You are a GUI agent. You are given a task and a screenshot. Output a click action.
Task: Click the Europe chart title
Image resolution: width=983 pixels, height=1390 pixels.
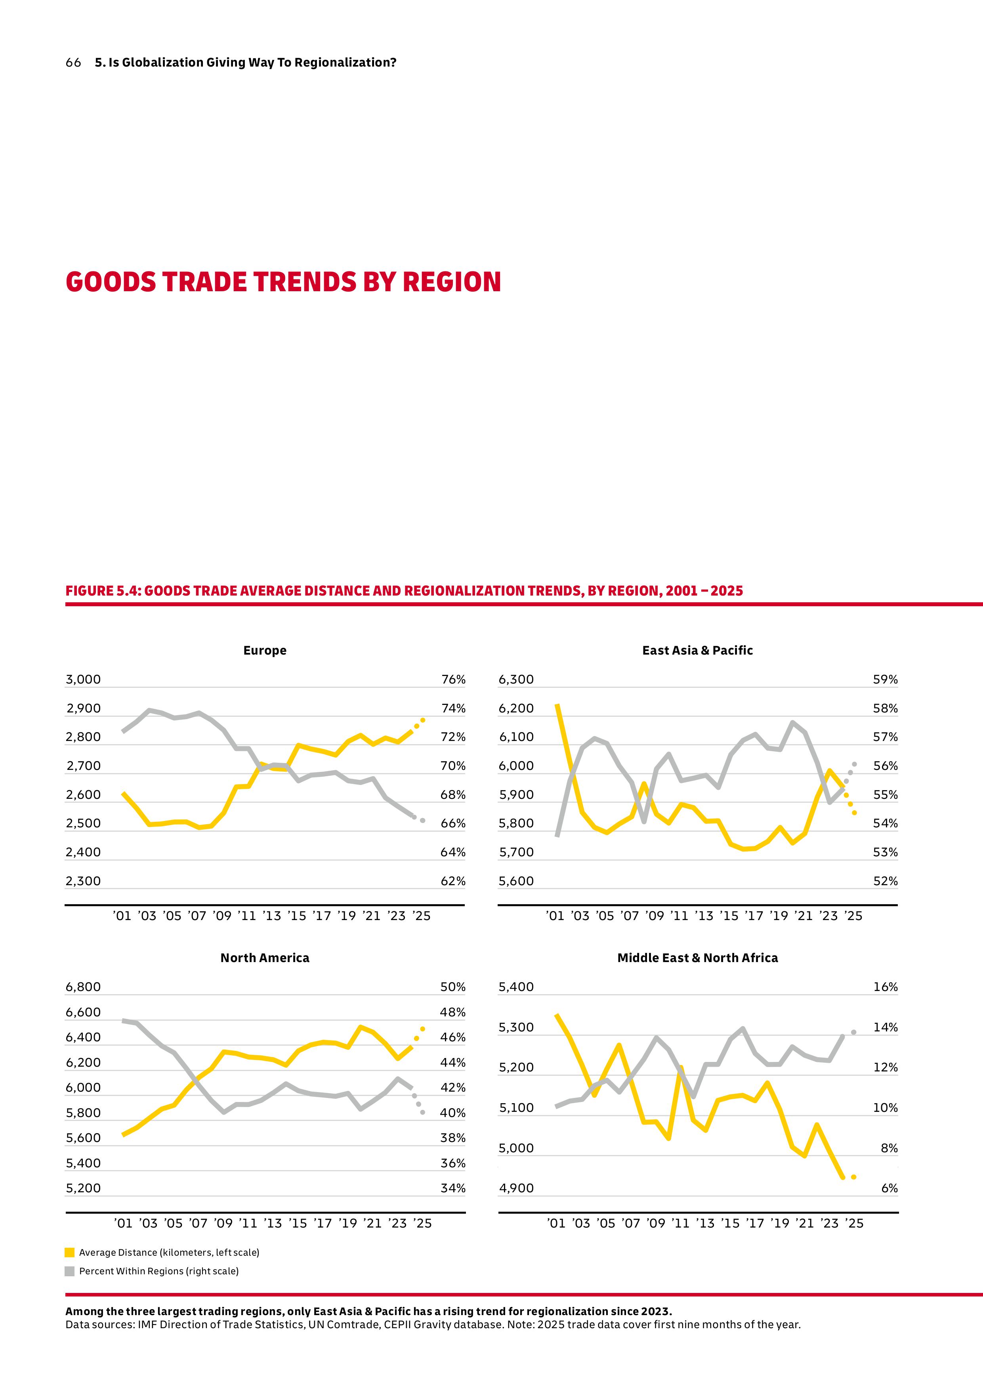click(x=265, y=650)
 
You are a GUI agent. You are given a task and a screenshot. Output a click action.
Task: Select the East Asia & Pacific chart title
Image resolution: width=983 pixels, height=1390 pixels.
click(x=697, y=650)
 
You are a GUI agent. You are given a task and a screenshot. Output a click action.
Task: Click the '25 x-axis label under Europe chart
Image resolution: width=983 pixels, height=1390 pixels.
click(x=421, y=916)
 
